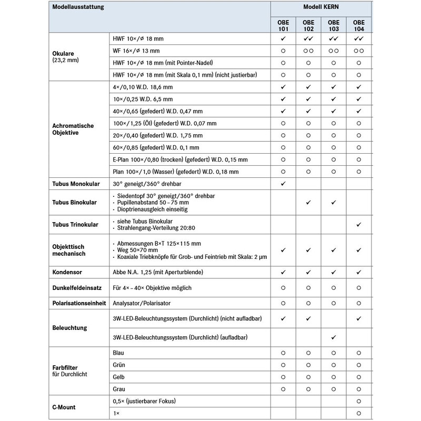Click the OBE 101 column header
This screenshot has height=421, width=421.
283,26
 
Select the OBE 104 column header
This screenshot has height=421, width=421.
359,26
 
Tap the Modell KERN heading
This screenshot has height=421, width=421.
321,8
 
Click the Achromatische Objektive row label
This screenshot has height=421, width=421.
73,129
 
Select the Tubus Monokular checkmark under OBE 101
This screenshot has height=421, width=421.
283,184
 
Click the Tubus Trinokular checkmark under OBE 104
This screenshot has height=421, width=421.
359,225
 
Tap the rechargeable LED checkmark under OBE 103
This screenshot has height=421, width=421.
334,337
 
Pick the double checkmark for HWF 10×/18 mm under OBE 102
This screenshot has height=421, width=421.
308,39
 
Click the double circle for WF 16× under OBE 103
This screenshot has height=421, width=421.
334,51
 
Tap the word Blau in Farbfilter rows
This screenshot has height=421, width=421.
118,353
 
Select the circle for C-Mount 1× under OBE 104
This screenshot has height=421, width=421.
359,414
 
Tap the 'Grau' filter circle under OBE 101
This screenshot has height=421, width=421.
283,389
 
